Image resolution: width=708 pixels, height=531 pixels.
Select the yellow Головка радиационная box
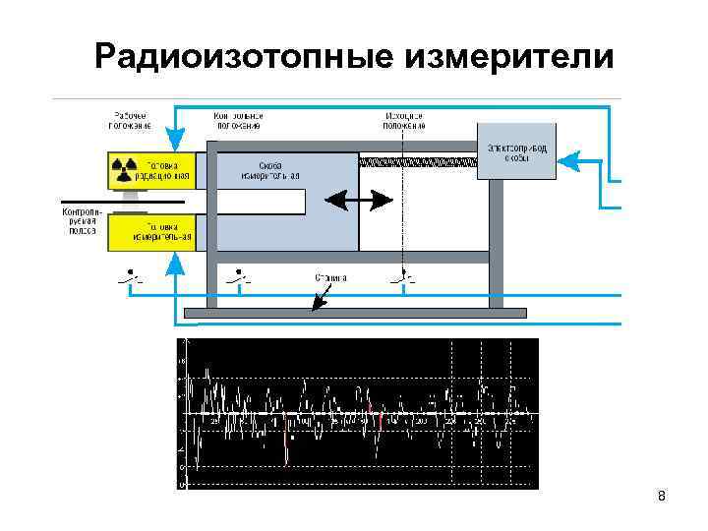tap(151, 168)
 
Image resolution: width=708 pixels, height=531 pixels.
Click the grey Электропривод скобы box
tap(515, 150)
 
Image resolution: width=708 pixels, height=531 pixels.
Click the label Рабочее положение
tap(130, 119)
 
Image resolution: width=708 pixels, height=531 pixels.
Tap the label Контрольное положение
tap(237, 119)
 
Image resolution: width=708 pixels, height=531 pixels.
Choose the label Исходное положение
tap(404, 119)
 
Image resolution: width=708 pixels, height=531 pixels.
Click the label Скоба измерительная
tap(270, 170)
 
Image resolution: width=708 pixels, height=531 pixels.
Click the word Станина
tap(330, 278)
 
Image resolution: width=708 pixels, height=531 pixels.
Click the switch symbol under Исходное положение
tap(403, 279)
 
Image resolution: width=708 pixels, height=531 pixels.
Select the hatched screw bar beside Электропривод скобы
tap(417, 160)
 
